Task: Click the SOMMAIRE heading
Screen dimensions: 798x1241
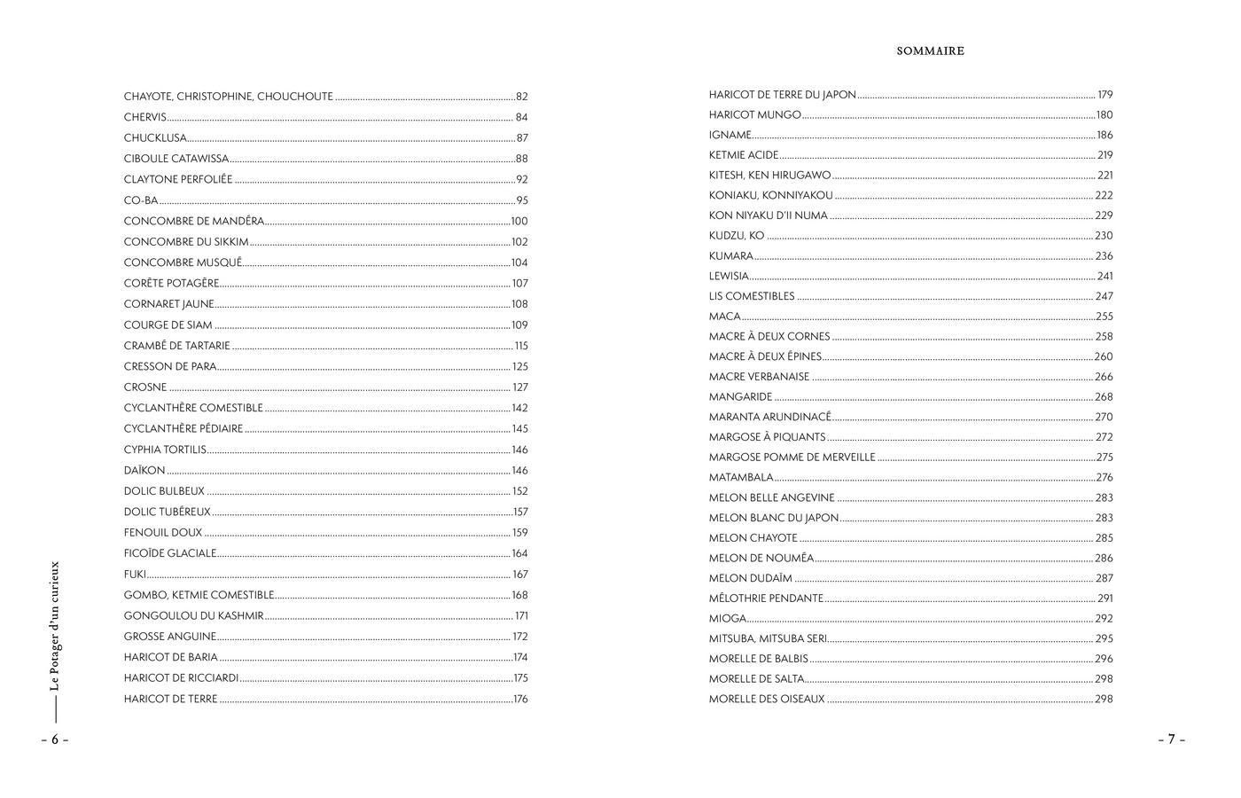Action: coord(930,51)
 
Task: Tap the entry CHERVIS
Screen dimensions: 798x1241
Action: coord(145,117)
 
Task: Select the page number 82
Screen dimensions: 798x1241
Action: coord(522,97)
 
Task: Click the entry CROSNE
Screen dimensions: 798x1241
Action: coord(145,387)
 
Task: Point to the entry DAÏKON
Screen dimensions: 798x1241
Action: coord(144,471)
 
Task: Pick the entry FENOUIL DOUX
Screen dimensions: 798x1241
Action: coord(163,533)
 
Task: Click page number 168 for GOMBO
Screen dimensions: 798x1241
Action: coord(519,596)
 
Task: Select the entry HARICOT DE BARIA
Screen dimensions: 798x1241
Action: coord(171,658)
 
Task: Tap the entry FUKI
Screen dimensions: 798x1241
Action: coord(135,575)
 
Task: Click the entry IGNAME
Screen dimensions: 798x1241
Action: coord(730,135)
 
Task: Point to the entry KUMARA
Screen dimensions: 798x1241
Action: coord(730,256)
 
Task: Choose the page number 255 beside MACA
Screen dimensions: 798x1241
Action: coord(1104,317)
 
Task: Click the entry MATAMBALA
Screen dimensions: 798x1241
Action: coord(741,478)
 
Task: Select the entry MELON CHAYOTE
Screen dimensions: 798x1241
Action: coord(753,538)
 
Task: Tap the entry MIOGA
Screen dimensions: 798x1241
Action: coord(728,619)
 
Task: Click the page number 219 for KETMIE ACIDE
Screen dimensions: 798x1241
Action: coord(1104,155)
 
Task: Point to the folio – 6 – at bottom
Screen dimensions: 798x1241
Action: coord(54,739)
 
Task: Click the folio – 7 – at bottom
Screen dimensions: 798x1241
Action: coord(1171,739)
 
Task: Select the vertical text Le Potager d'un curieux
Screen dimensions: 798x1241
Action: coord(55,626)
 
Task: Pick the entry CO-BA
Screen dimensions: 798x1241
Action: coord(141,200)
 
